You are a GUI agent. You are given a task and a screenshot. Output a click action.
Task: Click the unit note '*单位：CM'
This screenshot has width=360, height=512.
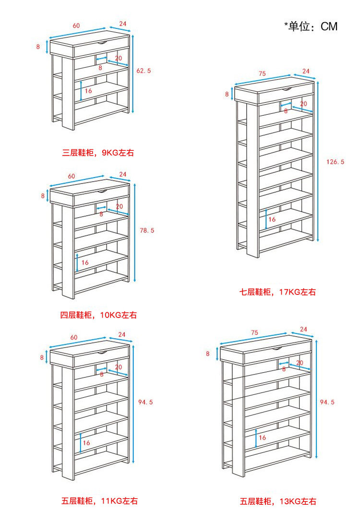click(x=311, y=26)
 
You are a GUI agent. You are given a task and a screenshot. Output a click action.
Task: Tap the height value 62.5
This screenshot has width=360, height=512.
click(x=144, y=71)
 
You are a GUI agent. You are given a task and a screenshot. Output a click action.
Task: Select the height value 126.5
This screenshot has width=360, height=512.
click(x=335, y=162)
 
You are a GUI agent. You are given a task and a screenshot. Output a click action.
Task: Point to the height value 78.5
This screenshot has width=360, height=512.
click(x=147, y=231)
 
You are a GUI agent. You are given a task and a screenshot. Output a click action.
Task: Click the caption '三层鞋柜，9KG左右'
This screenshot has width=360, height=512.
click(x=98, y=153)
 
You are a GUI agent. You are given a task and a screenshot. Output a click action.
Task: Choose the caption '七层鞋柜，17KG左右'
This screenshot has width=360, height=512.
click(x=278, y=292)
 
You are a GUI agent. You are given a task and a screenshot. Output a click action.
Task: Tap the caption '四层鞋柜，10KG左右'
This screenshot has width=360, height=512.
click(x=98, y=315)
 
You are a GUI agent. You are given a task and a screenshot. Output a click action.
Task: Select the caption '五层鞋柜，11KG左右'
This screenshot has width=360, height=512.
click(x=99, y=501)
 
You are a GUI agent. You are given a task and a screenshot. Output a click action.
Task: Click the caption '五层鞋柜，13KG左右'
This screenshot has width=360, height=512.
click(x=278, y=501)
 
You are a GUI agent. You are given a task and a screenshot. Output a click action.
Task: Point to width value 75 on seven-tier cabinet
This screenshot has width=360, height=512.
click(x=262, y=73)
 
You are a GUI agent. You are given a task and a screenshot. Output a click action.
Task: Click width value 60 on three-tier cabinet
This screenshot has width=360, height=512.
click(x=76, y=25)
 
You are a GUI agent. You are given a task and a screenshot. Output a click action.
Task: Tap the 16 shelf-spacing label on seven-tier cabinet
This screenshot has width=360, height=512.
click(x=272, y=219)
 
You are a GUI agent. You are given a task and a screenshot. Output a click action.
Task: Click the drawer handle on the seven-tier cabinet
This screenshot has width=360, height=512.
click(x=287, y=89)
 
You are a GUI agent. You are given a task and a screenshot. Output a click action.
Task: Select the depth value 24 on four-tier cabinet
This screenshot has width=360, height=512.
click(x=122, y=174)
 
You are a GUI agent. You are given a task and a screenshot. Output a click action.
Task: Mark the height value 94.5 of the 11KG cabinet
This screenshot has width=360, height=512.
click(x=145, y=402)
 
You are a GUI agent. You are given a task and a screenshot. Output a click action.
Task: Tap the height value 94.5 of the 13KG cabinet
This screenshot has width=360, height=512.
click(x=327, y=402)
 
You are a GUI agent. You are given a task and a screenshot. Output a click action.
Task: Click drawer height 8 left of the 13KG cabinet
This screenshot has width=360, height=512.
click(x=208, y=354)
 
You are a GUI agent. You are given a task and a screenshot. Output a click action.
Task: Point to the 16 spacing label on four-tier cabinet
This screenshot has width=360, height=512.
click(x=85, y=262)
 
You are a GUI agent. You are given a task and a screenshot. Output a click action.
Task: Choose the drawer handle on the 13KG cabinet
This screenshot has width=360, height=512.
click(x=278, y=348)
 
